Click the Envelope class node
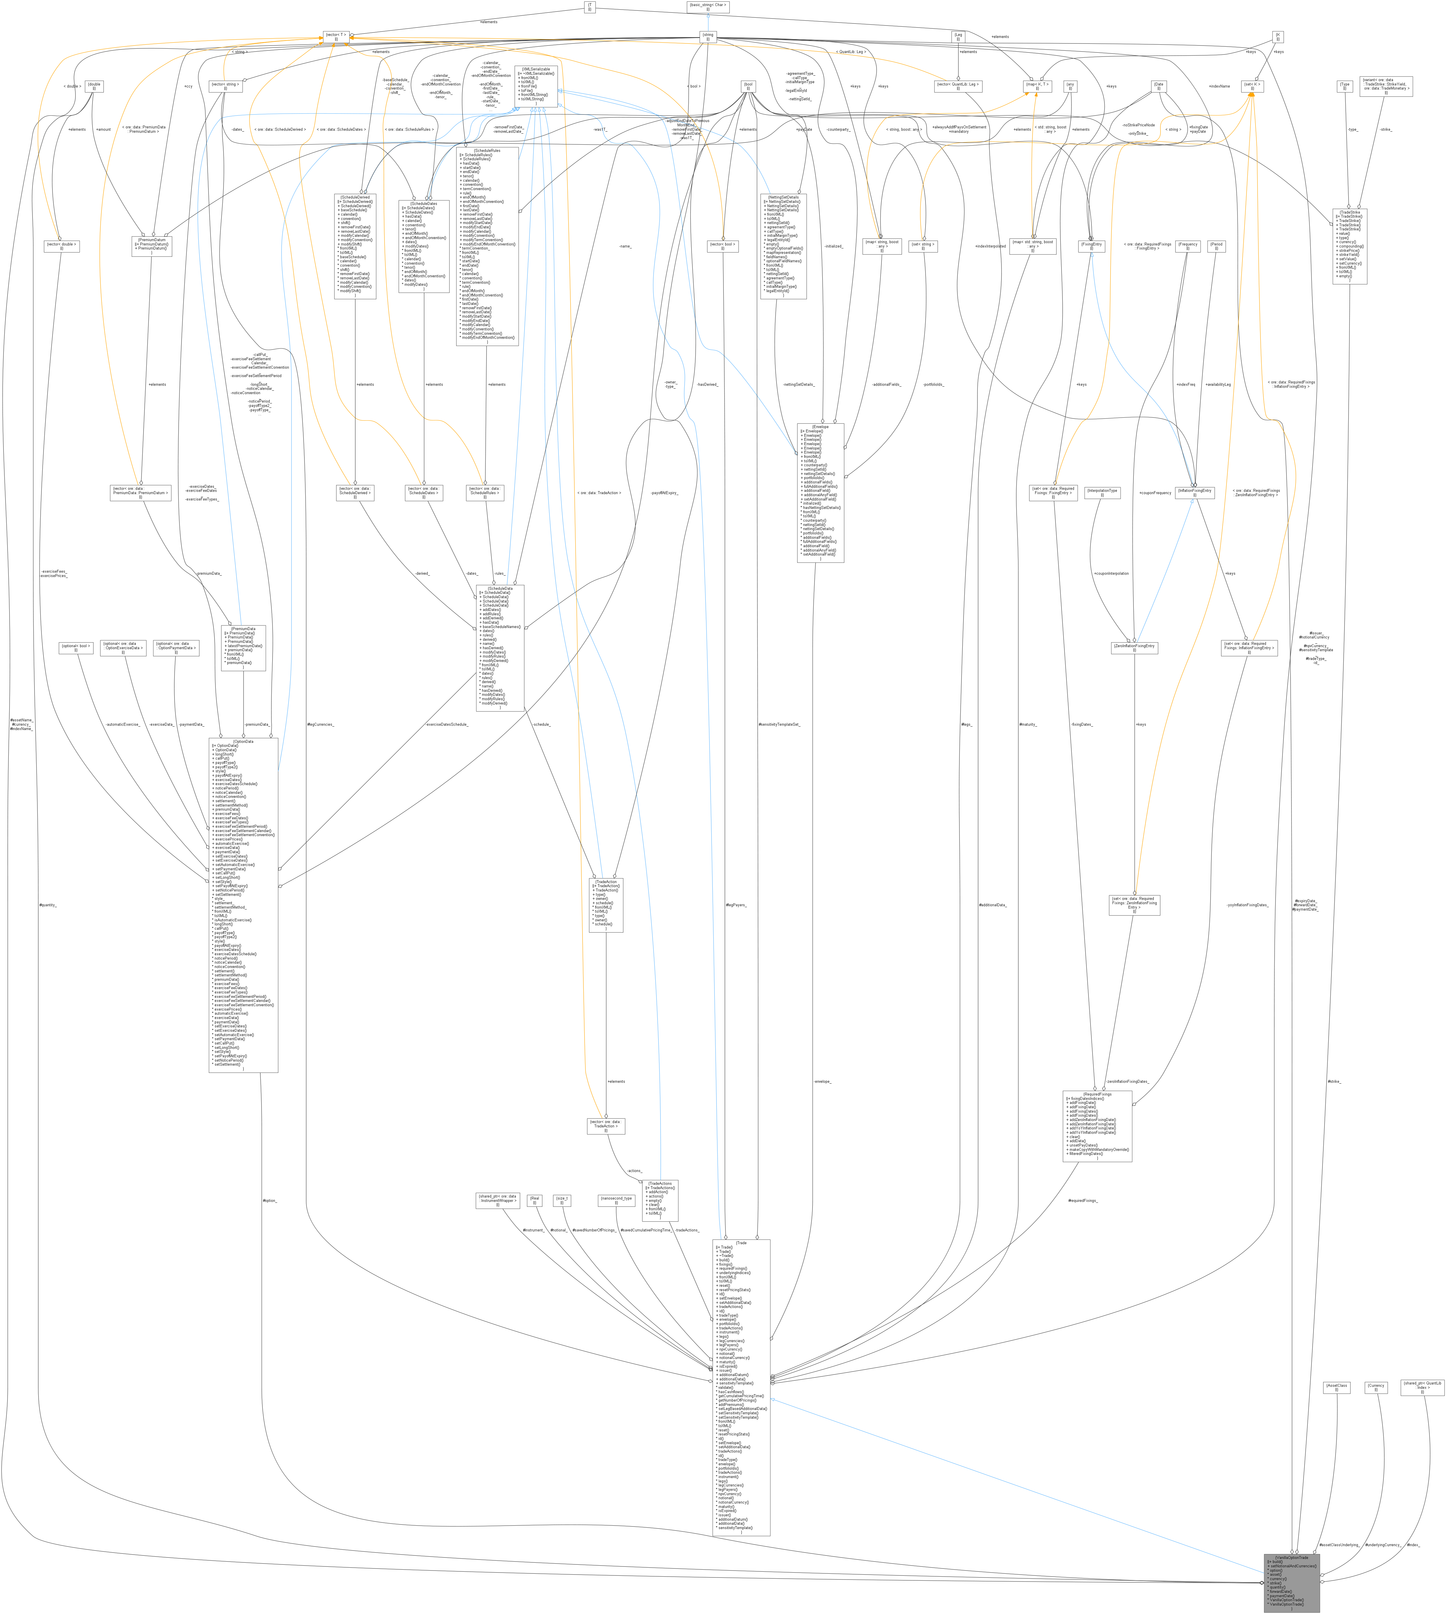pos(821,492)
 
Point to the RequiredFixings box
pos(1097,1126)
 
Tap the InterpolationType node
pos(1102,492)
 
